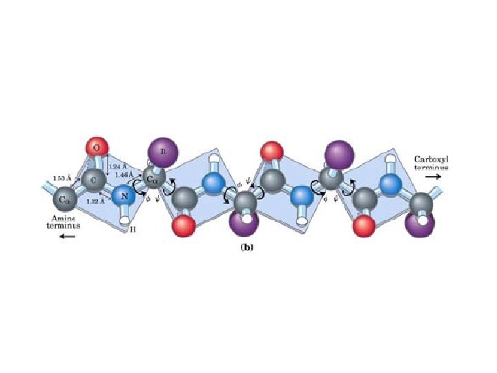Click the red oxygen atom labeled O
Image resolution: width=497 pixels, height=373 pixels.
click(97, 147)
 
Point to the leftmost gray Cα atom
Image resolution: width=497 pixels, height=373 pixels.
click(64, 200)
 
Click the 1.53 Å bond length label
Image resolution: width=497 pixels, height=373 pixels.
click(62, 179)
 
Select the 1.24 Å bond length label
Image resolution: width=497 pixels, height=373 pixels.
click(117, 166)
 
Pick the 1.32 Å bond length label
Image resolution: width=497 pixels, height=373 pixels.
click(96, 202)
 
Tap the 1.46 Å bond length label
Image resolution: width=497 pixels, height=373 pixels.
click(125, 175)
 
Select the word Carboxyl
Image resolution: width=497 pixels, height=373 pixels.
click(431, 159)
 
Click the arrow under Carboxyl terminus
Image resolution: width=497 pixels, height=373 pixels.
click(432, 178)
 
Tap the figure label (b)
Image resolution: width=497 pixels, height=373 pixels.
click(246, 246)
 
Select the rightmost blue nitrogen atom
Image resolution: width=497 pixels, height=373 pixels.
click(391, 184)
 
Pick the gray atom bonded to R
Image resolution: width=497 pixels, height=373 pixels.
click(155, 182)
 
